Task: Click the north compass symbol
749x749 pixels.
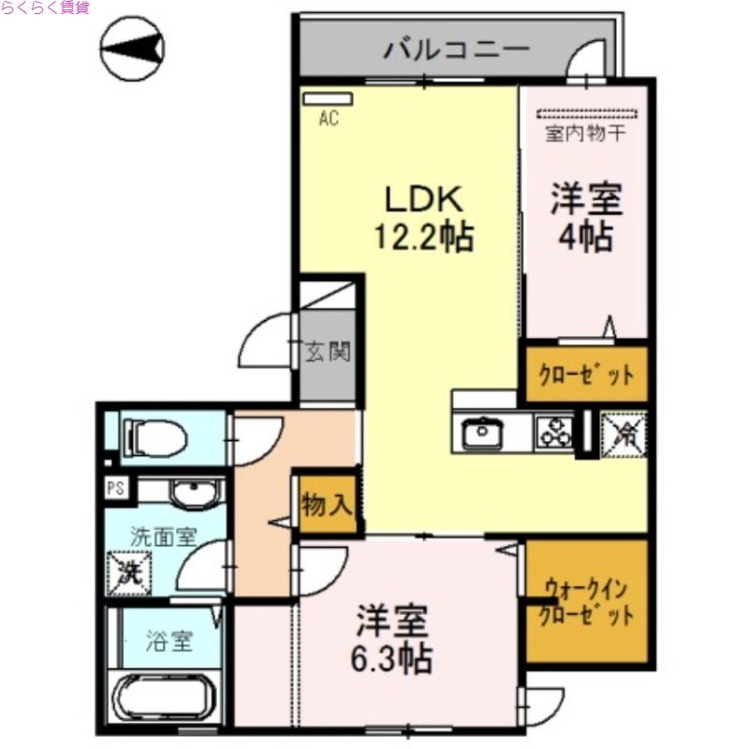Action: pyautogui.click(x=133, y=47)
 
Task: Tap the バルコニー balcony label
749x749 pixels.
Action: pyautogui.click(x=456, y=49)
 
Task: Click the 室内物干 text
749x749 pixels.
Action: pyautogui.click(x=586, y=133)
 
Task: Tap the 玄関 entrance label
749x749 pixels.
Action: pyautogui.click(x=328, y=353)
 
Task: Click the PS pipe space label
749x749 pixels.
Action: pyautogui.click(x=116, y=487)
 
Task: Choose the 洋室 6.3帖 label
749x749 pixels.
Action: pyautogui.click(x=393, y=640)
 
